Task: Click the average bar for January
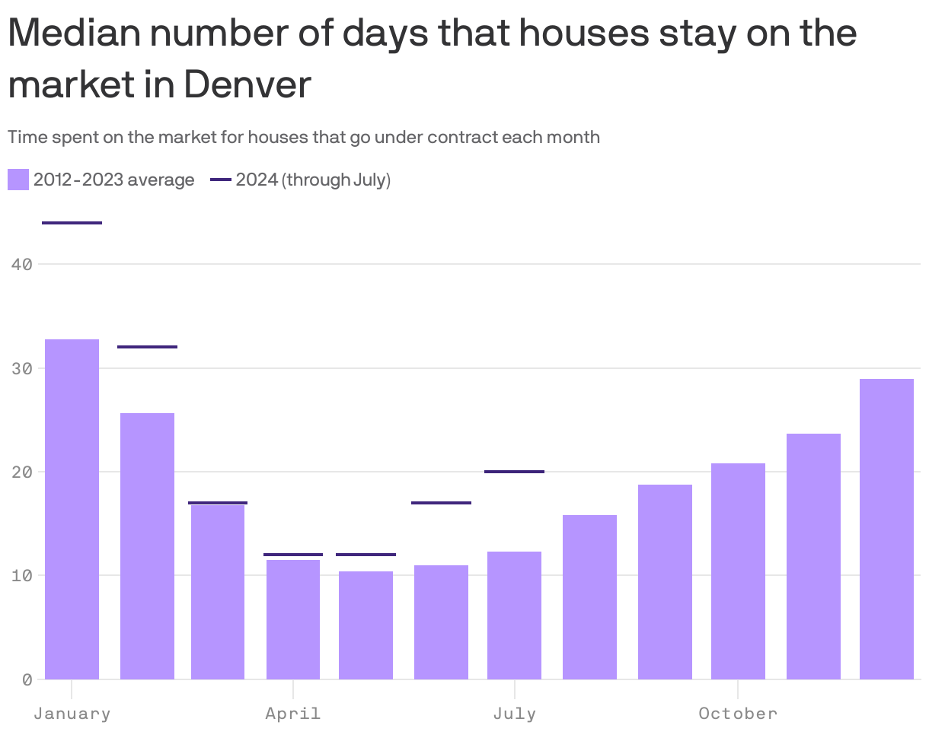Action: point(72,509)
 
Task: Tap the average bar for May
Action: point(366,625)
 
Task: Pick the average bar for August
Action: point(589,596)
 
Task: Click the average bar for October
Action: point(738,571)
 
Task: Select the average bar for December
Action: point(886,529)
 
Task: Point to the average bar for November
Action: point(813,556)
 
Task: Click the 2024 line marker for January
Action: point(72,223)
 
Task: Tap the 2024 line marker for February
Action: point(147,347)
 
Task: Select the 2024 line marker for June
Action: point(441,503)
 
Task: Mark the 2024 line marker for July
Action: point(514,472)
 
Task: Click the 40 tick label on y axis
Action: point(22,265)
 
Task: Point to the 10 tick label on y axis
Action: point(22,575)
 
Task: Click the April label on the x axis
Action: point(292,714)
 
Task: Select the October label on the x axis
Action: point(738,714)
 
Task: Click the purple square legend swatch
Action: point(18,180)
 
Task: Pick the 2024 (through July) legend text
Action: point(313,180)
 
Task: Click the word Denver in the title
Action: point(247,84)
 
